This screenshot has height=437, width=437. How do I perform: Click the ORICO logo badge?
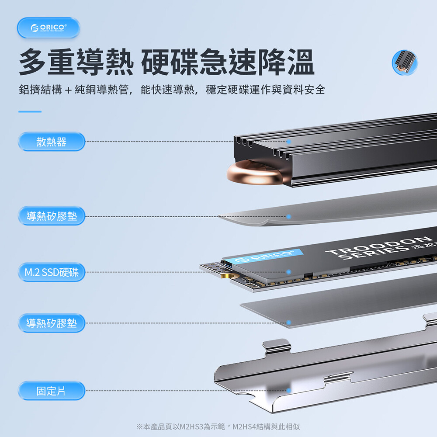(x=49, y=28)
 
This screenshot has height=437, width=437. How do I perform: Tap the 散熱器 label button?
(x=51, y=142)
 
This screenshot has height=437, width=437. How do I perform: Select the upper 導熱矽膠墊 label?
(x=51, y=216)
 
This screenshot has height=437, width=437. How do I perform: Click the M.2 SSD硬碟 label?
(x=51, y=272)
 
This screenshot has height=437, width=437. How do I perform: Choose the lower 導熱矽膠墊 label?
(x=51, y=323)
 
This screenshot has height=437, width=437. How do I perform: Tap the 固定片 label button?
(x=51, y=391)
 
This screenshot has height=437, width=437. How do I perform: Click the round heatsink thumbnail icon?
(x=405, y=62)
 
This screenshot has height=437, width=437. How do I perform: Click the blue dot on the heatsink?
(x=289, y=142)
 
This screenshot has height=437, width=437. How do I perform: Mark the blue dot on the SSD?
(x=289, y=272)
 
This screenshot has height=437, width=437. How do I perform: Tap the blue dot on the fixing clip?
(x=289, y=390)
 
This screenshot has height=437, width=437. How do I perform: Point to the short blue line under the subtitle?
(x=30, y=111)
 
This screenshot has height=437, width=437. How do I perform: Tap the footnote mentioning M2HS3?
(x=218, y=427)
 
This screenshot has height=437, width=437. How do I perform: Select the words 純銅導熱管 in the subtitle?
(x=102, y=90)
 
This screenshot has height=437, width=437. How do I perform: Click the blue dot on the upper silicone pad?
(x=289, y=217)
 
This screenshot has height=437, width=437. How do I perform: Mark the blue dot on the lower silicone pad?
(x=289, y=323)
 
